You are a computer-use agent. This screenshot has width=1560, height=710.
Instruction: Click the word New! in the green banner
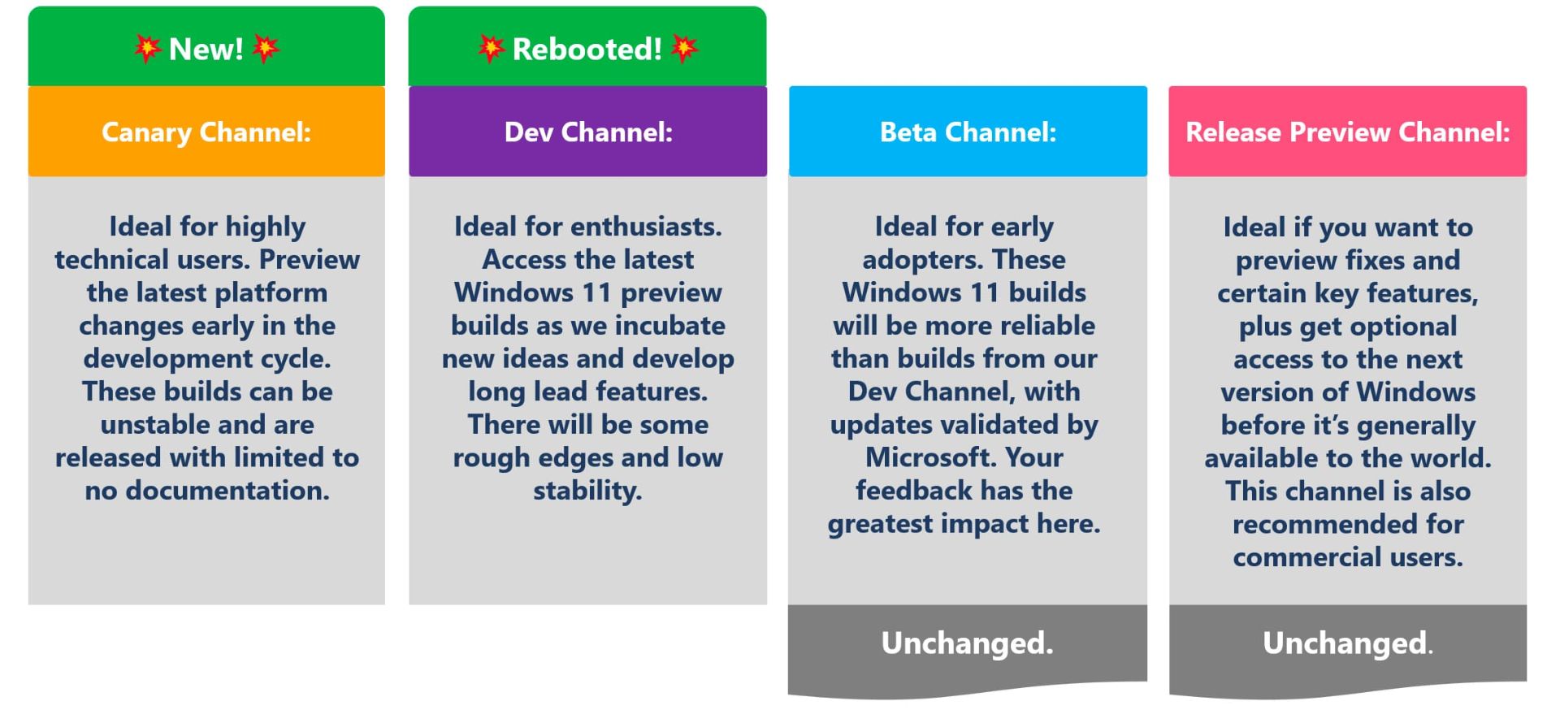click(x=206, y=50)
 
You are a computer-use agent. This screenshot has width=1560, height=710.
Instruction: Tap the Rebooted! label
click(x=587, y=50)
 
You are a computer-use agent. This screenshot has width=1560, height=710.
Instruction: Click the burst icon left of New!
click(x=147, y=49)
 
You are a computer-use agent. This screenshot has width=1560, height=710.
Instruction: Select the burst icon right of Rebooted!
click(x=684, y=49)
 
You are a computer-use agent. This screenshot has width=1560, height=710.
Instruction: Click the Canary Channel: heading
click(x=206, y=132)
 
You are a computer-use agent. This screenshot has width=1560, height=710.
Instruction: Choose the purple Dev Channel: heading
click(x=588, y=132)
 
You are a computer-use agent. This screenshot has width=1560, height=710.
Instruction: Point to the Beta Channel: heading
click(x=968, y=132)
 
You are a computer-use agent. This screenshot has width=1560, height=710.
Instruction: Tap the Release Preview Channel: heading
click(x=1348, y=132)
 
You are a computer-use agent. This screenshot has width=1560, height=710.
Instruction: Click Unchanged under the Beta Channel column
click(x=967, y=643)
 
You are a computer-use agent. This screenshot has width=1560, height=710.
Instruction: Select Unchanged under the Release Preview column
click(x=1347, y=643)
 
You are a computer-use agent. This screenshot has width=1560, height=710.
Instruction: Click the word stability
click(x=587, y=491)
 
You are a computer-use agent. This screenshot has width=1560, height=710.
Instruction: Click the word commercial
click(x=1298, y=557)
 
